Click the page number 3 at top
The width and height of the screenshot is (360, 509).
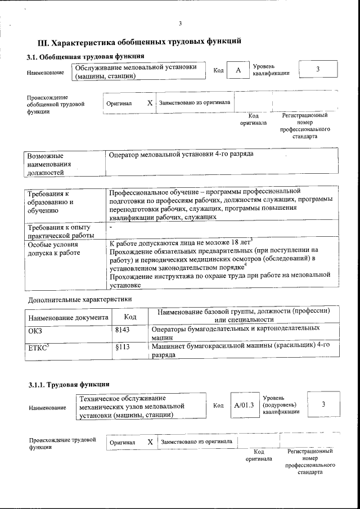180,23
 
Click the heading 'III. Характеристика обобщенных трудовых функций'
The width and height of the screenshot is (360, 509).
139,42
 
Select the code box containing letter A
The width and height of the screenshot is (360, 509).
238,70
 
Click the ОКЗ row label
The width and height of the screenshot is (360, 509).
35,331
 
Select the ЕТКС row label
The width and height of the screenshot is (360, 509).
35,348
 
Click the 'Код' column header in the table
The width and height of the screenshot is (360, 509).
130,317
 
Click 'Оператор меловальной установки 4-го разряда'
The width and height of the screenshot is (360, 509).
181,154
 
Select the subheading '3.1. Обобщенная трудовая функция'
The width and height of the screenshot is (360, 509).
86,56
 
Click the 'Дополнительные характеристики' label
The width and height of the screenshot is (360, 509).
79,299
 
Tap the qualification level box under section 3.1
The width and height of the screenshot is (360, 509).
318,69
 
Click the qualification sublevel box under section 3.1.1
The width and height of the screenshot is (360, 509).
323,404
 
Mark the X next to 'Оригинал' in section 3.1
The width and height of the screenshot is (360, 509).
150,103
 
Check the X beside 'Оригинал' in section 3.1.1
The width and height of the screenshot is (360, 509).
150,442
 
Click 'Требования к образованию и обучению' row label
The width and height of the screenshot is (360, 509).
52,202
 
